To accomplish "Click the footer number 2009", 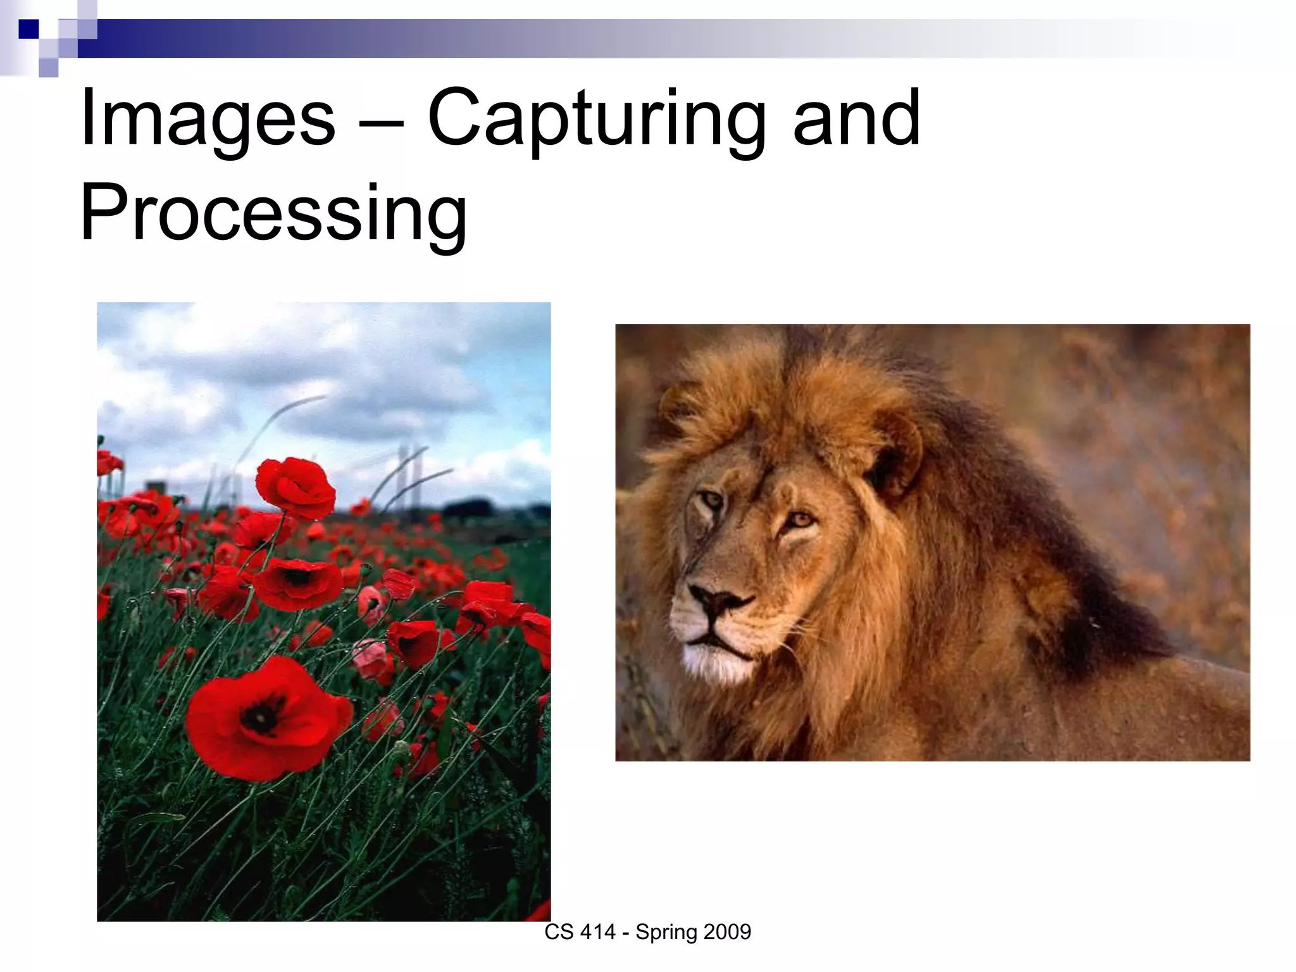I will coord(727,932).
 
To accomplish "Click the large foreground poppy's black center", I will coord(261,716).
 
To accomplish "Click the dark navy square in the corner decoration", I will coord(28,29).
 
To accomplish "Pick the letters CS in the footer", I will coord(559,932).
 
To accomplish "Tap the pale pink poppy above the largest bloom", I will coord(373,658).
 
